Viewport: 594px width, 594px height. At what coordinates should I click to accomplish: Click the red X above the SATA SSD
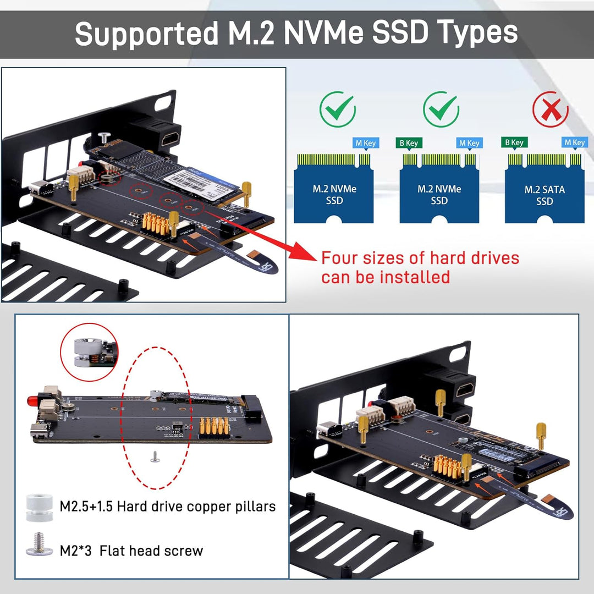coord(550,110)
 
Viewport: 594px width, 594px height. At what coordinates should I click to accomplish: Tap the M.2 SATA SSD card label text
coord(544,195)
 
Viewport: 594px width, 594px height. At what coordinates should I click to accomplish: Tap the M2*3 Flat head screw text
coord(131,551)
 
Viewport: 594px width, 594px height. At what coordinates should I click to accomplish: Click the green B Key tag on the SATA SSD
coord(514,142)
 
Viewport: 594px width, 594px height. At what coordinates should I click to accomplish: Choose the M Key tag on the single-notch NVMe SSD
coord(366,143)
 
